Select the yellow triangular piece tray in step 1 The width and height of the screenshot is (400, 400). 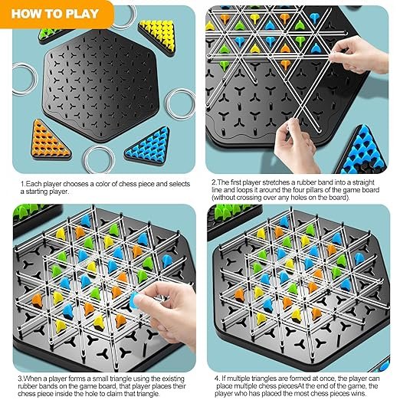158,38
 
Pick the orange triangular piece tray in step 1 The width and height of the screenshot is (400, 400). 50,139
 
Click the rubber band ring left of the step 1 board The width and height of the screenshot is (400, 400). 25,79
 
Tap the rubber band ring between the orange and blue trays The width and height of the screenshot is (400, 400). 99,159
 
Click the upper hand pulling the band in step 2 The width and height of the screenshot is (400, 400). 360,54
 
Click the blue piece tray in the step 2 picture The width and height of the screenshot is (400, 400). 362,151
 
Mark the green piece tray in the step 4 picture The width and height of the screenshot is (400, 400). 234,217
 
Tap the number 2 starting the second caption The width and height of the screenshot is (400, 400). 214,182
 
